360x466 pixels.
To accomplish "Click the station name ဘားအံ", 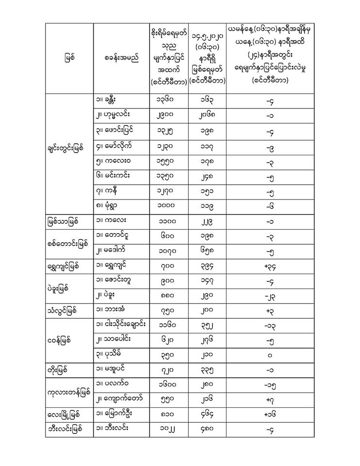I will [115, 310].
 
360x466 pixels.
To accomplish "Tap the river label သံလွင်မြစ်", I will [65, 310].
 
